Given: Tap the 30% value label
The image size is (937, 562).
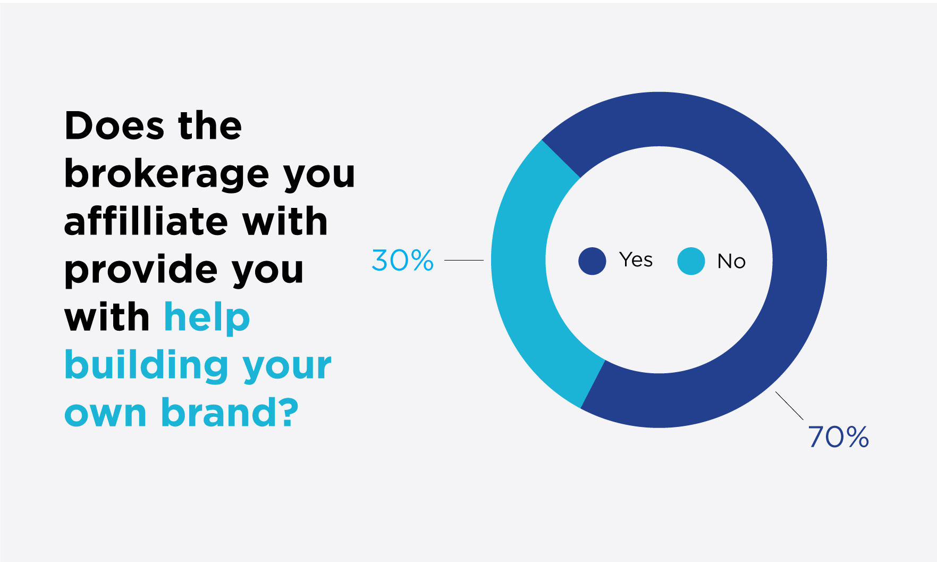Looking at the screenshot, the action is click(402, 261).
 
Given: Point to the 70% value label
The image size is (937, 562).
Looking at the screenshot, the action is click(838, 437).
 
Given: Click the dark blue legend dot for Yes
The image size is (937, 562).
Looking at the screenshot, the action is click(592, 261).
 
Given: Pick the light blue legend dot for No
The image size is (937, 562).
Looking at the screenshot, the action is click(691, 261).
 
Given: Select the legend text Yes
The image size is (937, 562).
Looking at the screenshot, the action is click(636, 260).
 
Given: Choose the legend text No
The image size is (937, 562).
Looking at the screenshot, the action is click(731, 261).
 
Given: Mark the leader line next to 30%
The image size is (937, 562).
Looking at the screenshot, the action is click(463, 261).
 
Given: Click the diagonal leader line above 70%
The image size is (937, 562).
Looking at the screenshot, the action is click(789, 406).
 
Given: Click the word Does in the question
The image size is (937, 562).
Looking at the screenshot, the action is click(115, 126).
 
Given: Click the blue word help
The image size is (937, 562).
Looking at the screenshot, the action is click(207, 317).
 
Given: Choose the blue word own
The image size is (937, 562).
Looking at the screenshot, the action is click(105, 414).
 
